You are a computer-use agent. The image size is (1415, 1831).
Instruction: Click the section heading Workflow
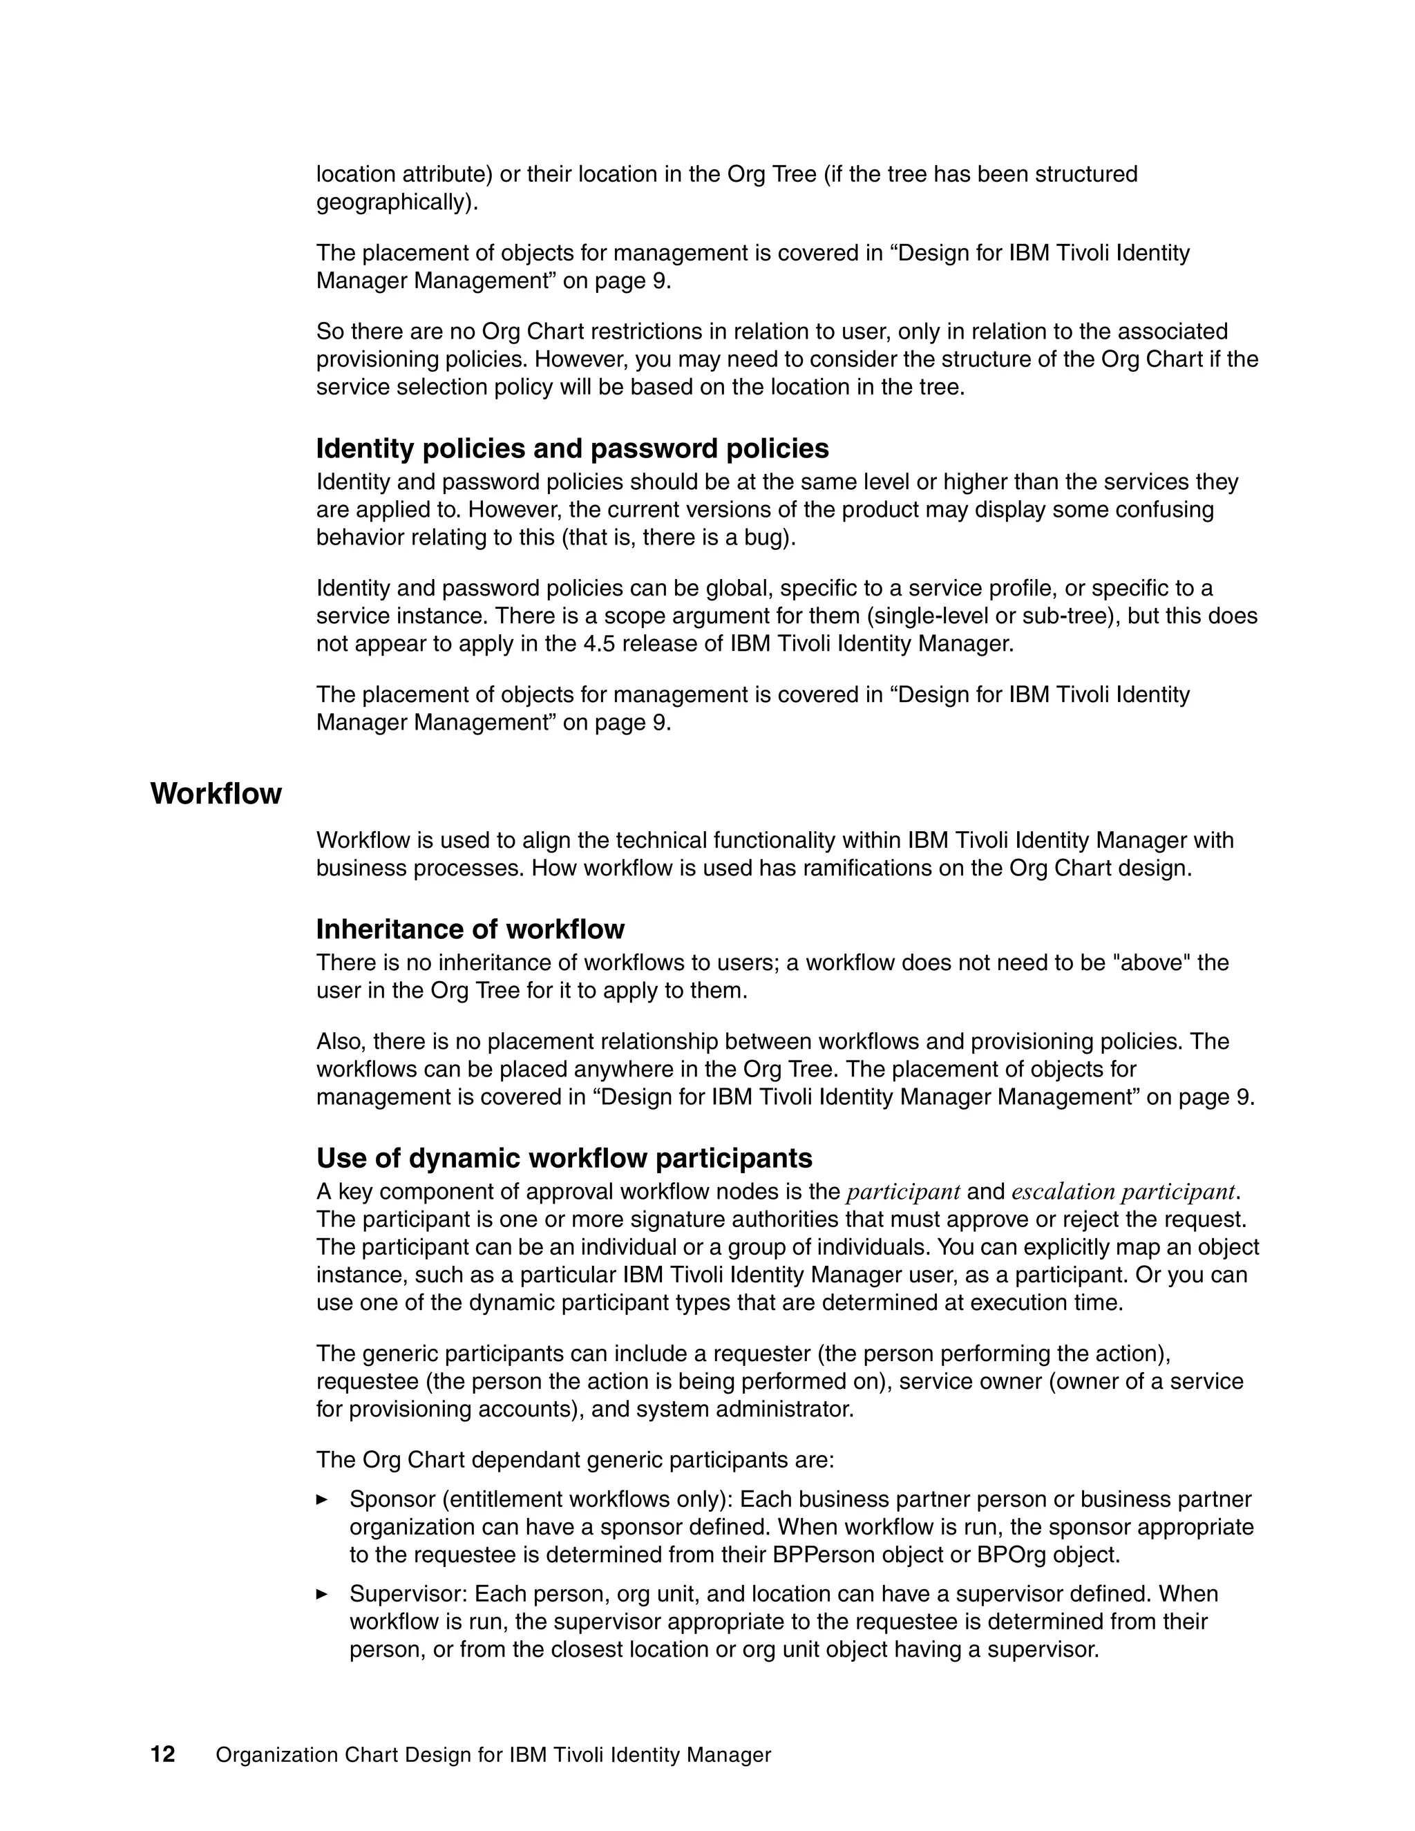[216, 794]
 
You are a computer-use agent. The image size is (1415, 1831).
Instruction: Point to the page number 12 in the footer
[162, 1755]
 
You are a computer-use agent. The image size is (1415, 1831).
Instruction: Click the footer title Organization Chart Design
[493, 1756]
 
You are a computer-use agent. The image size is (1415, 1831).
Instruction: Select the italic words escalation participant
[1123, 1191]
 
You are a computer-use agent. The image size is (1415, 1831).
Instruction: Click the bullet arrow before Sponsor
[322, 1499]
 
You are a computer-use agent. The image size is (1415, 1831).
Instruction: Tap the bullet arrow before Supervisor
[322, 1594]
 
